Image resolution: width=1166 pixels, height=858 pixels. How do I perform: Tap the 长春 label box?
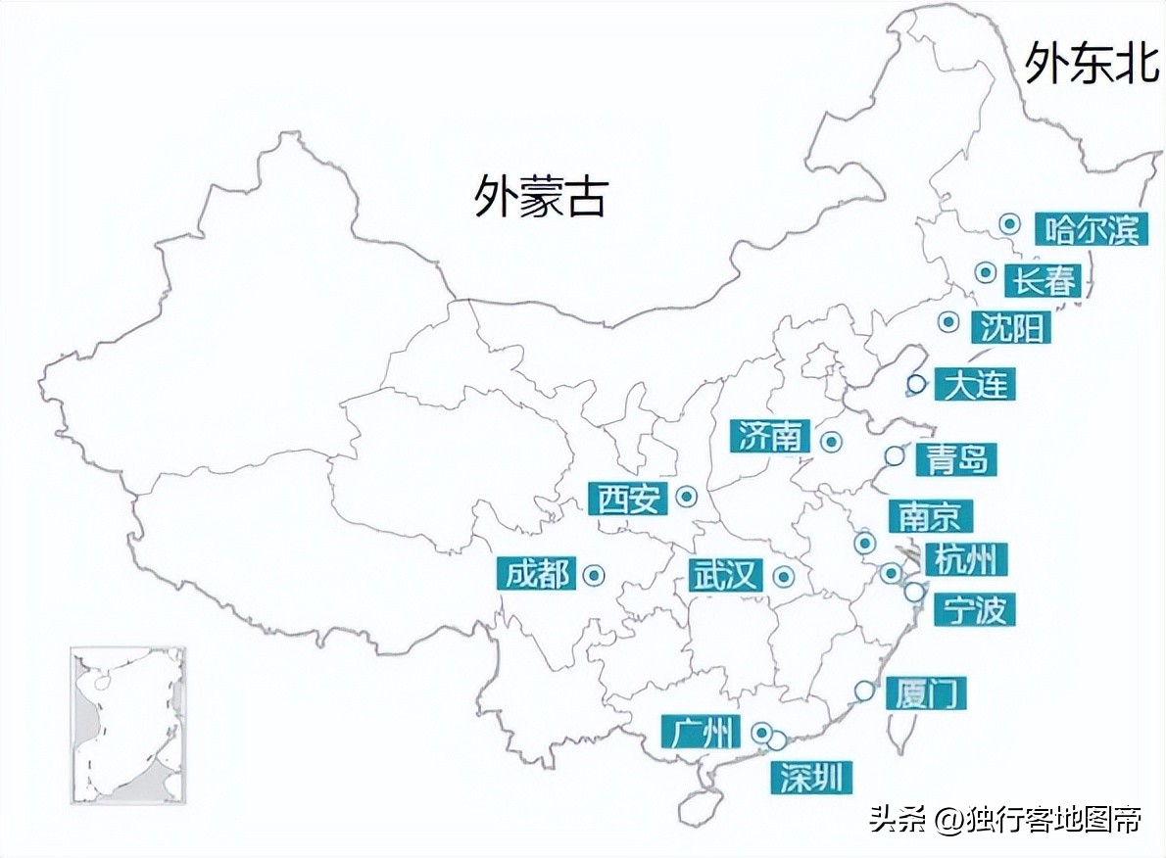point(1045,281)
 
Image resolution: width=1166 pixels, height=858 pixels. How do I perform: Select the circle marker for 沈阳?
point(947,322)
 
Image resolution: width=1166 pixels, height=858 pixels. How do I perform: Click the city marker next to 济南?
point(832,443)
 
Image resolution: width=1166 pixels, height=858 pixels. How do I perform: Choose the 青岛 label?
point(955,458)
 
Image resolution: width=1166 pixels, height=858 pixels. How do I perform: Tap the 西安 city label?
point(628,500)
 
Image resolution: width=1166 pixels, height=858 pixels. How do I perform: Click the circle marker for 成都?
point(593,576)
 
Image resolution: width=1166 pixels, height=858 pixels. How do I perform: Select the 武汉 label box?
point(726,576)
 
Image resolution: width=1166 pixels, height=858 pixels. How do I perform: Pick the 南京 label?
point(930,516)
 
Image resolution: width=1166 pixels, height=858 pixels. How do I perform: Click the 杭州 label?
point(965,560)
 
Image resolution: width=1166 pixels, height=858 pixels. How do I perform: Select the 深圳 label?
point(810,778)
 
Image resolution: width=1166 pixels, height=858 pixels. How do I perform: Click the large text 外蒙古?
point(541,195)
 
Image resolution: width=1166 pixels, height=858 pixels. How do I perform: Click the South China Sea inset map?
point(127,725)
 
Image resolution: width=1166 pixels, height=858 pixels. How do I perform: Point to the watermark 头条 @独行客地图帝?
point(1005,819)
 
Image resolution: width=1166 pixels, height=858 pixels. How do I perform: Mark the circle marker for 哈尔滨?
point(1010,224)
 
